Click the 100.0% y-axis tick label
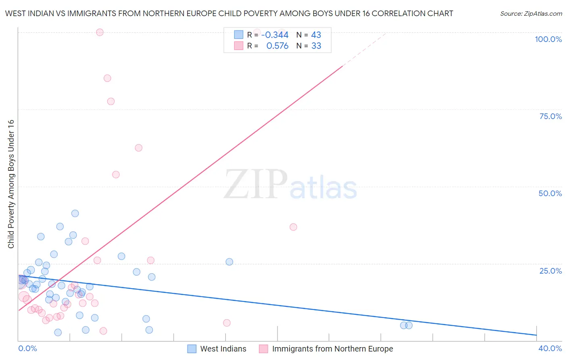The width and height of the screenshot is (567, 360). [548, 39]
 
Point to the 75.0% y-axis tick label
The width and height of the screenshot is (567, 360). [550, 116]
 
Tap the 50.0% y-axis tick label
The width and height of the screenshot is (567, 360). [550, 193]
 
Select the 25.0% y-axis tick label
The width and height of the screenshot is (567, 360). [550, 271]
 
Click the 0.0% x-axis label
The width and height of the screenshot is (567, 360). [27, 348]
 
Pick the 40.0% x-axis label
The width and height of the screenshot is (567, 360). [550, 348]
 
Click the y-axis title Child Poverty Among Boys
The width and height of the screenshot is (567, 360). [11, 184]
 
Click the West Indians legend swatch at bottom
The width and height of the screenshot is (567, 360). [192, 349]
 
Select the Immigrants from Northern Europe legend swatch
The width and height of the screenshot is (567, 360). [263, 349]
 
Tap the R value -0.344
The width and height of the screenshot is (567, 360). [275, 35]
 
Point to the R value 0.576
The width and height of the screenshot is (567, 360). [277, 46]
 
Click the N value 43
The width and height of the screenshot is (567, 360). [316, 35]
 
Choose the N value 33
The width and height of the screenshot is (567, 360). [316, 46]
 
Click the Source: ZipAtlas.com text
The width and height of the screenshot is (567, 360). [531, 14]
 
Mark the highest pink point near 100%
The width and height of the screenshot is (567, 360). [100, 32]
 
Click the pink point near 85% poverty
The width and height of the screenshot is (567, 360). [107, 78]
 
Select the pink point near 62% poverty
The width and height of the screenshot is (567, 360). [138, 148]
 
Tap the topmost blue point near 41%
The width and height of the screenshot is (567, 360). [75, 213]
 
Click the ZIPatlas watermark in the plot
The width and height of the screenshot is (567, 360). [290, 184]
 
